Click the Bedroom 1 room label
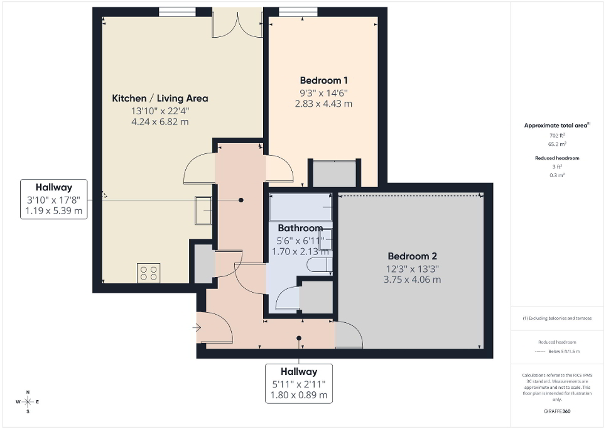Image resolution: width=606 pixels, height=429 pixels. pos(323,80)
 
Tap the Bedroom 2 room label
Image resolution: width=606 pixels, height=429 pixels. pos(411,256)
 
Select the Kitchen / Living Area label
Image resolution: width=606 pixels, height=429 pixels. pos(160,98)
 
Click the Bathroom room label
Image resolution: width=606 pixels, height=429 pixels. pos(300,228)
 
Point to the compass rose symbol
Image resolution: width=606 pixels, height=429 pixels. pos(28,401)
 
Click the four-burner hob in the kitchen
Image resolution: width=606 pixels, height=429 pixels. pos(149,273)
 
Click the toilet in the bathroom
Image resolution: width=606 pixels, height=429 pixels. pos(320,264)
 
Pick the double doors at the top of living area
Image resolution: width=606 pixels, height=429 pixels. pos(237,23)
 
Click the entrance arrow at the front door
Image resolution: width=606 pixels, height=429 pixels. pos(197,327)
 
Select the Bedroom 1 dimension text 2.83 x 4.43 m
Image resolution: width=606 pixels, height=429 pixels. pos(323,104)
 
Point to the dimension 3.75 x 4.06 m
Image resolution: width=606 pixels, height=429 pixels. pos(411,280)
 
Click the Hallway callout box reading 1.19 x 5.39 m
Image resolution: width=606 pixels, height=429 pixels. pos(53,199)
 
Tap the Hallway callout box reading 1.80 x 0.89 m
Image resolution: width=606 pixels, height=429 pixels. pos(299,383)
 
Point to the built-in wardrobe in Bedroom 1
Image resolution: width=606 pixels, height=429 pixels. pos(334,174)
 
